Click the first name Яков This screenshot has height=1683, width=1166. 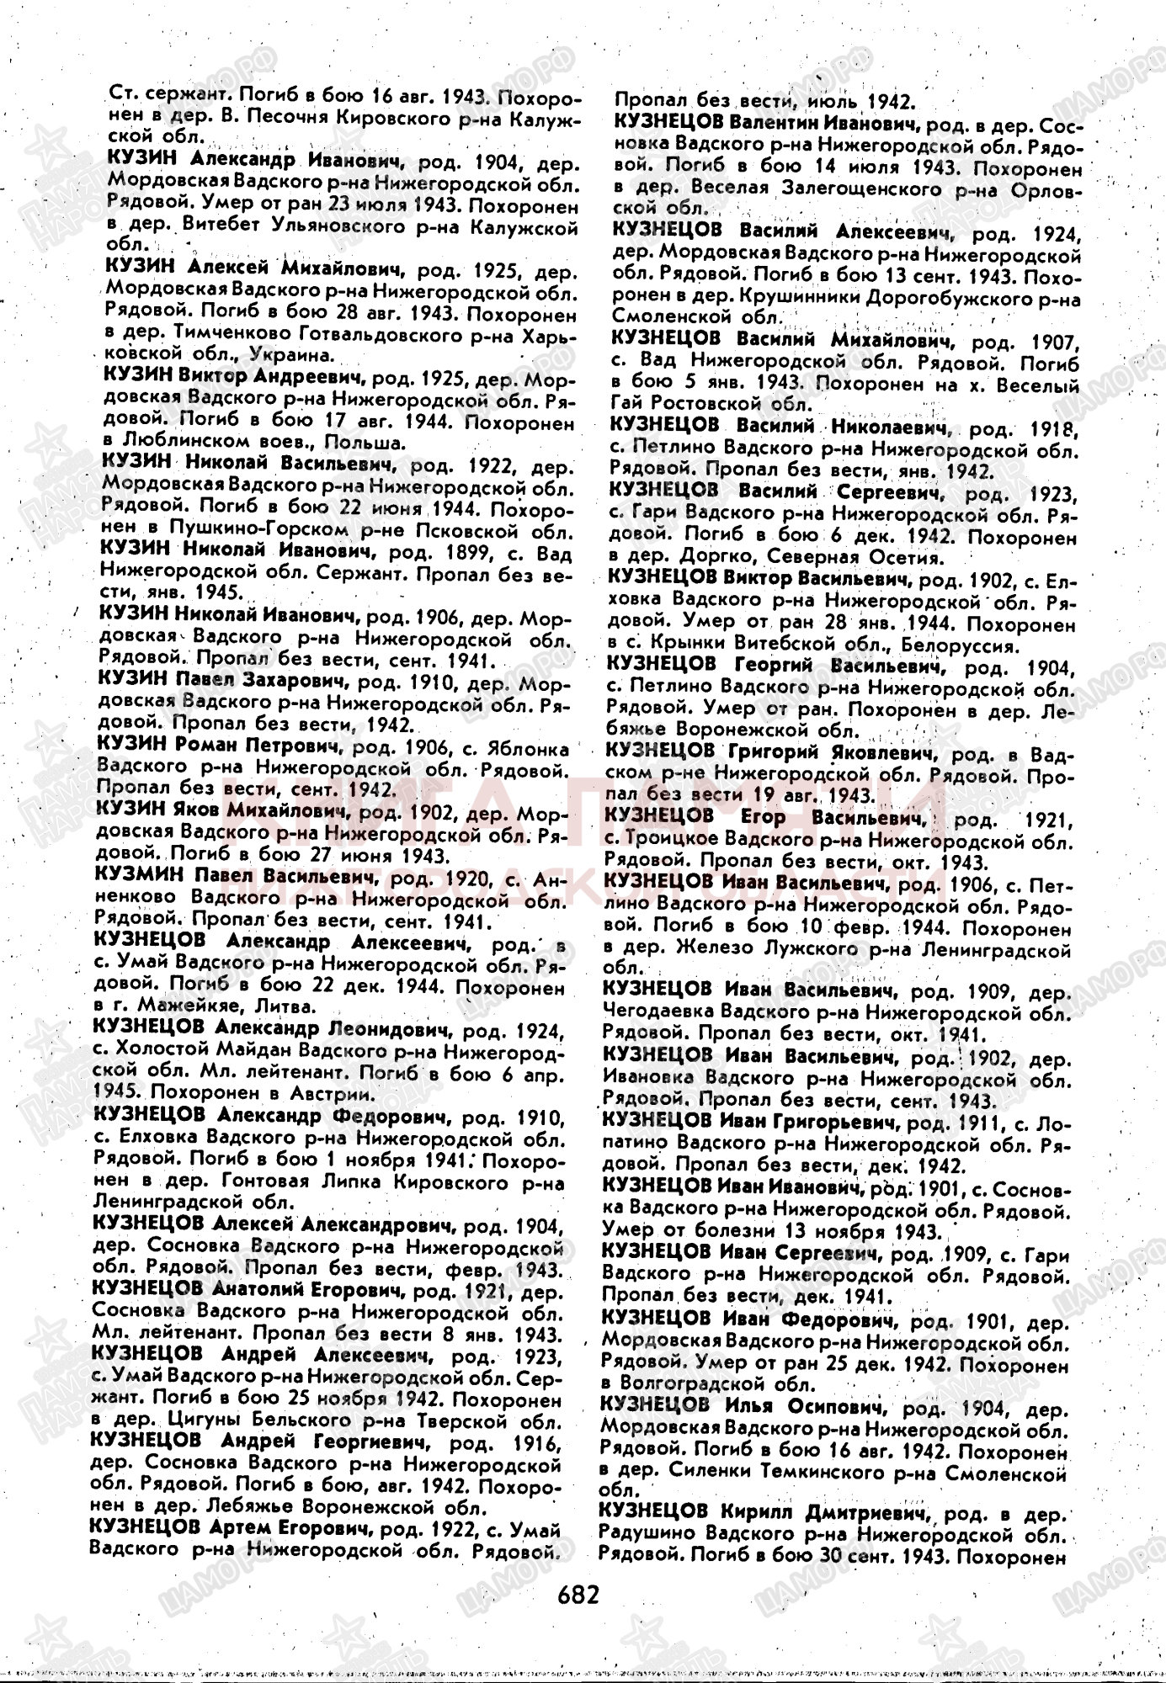pyautogui.click(x=197, y=812)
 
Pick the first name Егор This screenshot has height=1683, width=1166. pyautogui.click(x=763, y=816)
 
